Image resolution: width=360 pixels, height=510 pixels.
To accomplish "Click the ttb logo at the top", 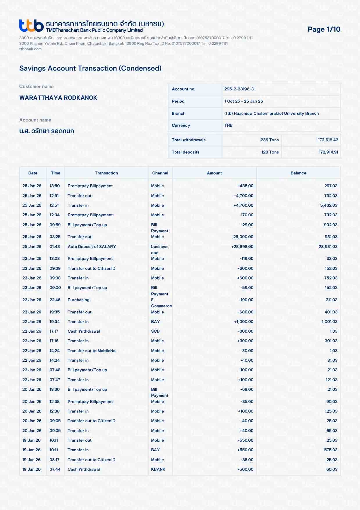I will [31, 26].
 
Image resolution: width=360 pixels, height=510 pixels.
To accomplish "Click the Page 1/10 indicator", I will [324, 29].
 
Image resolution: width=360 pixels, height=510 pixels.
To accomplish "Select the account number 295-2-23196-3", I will [239, 89].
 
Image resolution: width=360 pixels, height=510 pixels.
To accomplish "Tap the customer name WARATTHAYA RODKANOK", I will [58, 98].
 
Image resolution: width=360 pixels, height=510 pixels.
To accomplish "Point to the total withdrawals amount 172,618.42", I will [328, 140].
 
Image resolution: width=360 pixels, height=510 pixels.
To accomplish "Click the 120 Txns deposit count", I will [270, 152].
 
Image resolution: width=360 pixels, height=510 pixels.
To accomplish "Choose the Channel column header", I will [160, 173].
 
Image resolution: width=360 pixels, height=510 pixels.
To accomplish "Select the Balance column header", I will [298, 173].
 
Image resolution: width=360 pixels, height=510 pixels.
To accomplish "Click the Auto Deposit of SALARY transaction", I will [92, 247].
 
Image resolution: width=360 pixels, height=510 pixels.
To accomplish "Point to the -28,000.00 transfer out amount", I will [242, 237].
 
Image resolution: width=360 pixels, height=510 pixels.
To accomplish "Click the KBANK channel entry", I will [158, 469].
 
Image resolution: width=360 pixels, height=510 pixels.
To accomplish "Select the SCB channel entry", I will [155, 331].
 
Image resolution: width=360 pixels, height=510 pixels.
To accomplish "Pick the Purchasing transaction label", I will [78, 300].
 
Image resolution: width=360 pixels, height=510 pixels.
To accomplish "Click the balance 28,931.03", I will [328, 247].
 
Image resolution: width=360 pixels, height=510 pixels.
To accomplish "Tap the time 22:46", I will [55, 300].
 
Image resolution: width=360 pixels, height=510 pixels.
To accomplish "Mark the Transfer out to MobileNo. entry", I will [92, 351].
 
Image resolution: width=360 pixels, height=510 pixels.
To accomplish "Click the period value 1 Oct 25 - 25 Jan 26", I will [243, 101].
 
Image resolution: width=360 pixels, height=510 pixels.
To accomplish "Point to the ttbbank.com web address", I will [31, 49].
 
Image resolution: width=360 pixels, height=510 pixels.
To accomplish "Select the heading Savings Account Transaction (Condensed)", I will [90, 68].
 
